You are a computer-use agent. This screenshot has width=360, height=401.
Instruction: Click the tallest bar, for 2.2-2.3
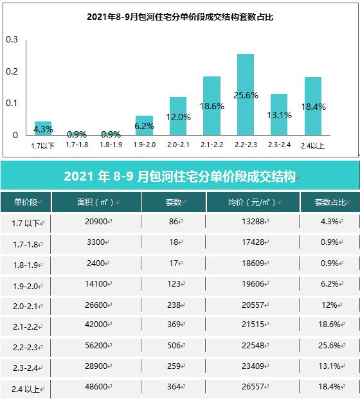tap(246, 94)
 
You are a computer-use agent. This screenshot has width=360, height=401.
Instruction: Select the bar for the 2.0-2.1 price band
tap(178, 116)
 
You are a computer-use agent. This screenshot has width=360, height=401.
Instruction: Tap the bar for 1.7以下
tap(43, 128)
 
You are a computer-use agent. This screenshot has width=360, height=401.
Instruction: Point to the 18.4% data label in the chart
tap(313, 107)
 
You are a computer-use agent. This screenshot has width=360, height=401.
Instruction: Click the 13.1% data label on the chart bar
tap(279, 115)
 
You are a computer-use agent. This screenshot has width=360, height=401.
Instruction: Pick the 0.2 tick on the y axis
tap(12, 71)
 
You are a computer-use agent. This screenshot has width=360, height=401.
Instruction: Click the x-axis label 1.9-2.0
tap(144, 145)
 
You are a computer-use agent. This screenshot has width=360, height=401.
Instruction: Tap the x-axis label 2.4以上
tap(312, 146)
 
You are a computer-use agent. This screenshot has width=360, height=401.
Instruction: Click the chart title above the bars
tap(180, 17)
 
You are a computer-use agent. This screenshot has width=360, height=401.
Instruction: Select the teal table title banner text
tap(179, 176)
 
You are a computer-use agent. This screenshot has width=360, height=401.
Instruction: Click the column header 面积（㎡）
tap(95, 202)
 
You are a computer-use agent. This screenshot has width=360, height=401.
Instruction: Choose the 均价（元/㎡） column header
tap(252, 202)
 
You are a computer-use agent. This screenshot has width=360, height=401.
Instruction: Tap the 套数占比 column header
tap(330, 202)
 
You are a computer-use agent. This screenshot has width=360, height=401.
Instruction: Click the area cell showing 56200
tap(96, 345)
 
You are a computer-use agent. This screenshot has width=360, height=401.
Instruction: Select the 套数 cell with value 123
tap(174, 283)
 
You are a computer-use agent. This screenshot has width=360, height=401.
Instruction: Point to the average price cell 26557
tap(253, 386)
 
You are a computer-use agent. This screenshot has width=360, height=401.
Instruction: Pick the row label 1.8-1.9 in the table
tap(25, 265)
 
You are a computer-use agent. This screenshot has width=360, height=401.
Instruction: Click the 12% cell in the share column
tap(329, 305)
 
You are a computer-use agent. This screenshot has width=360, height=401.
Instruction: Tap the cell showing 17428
tap(253, 242)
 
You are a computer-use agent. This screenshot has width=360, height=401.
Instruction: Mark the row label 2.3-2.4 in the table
tap(25, 368)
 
